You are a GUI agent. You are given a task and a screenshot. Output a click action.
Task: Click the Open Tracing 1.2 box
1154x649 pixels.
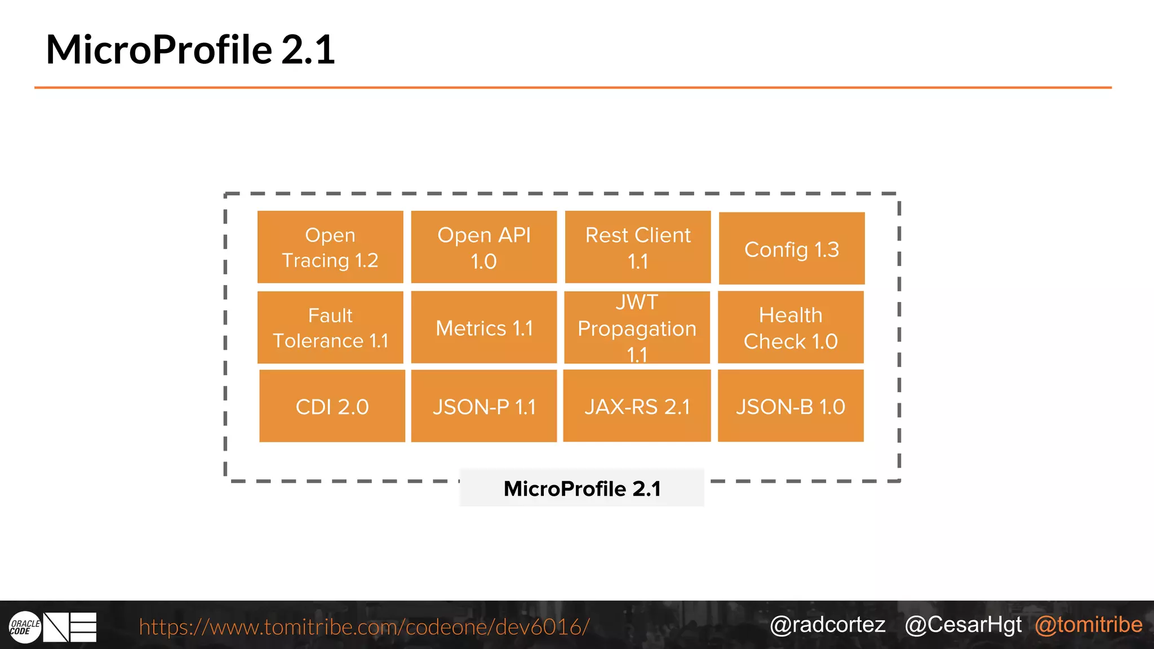tap(330, 247)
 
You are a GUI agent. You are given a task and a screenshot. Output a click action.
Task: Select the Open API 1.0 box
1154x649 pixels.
tap(483, 247)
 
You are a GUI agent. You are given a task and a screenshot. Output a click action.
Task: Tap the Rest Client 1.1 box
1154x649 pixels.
tap(637, 247)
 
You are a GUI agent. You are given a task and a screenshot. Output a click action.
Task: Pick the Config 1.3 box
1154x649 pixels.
tap(791, 248)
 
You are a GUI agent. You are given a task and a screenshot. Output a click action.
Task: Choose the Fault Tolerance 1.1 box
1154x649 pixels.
tap(330, 327)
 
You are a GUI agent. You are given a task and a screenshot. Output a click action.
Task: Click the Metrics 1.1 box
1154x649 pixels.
tap(483, 327)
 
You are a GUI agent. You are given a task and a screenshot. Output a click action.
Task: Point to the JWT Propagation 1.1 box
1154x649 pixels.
tap(637, 327)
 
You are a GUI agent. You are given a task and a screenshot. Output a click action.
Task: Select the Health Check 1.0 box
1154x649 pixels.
tap(791, 327)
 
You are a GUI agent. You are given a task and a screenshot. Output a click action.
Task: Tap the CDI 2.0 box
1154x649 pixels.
tap(332, 406)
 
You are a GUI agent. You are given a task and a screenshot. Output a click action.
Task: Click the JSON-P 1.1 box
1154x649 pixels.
tap(483, 406)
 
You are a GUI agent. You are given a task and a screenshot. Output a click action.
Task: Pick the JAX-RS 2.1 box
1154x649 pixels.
tap(637, 406)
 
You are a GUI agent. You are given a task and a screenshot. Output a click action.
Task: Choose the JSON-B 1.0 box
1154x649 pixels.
tap(791, 406)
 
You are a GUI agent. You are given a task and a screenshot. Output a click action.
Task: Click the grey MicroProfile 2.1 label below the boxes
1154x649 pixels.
tap(582, 488)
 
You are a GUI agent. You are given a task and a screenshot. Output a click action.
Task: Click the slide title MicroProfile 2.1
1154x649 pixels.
tap(190, 50)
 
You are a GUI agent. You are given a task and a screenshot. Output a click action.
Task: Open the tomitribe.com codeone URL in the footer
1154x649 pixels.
tap(364, 626)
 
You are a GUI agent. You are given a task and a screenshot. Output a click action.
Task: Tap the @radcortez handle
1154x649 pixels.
tap(827, 625)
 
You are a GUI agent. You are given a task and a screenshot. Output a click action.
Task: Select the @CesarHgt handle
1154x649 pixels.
tap(963, 625)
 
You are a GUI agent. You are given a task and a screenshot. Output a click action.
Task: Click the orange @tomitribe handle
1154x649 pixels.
tap(1088, 625)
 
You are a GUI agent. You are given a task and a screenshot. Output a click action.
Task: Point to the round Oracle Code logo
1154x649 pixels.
tap(25, 627)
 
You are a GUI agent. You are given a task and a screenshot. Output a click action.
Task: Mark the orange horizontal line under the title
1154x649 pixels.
tap(572, 87)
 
